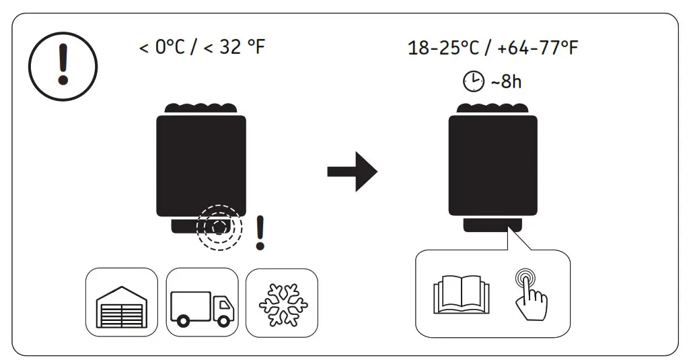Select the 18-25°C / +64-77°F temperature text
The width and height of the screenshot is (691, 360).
(493, 48)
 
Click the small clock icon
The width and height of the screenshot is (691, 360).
(473, 82)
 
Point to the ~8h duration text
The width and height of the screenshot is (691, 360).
(506, 82)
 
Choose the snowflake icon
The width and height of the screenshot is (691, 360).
(281, 302)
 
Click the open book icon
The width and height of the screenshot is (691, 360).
(462, 294)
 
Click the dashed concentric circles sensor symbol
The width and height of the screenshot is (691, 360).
(218, 227)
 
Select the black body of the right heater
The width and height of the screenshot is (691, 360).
(493, 165)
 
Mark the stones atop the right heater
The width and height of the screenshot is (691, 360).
(493, 108)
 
